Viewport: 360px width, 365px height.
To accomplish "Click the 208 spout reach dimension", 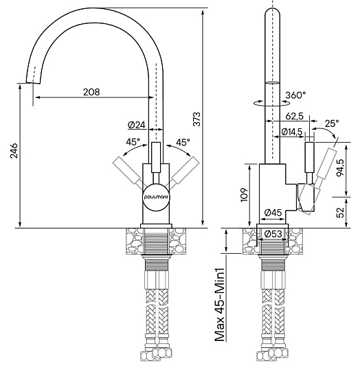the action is [91, 92].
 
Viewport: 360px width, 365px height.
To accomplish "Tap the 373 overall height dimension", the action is [197, 119].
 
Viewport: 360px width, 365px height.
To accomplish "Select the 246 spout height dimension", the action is [14, 151].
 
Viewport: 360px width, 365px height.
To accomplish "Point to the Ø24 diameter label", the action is [137, 126].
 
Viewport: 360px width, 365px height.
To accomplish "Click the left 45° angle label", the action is [133, 142].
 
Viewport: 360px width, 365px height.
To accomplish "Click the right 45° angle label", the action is [183, 142].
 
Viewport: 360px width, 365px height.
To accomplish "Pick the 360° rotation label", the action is [295, 95].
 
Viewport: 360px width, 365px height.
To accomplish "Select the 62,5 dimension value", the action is [294, 116].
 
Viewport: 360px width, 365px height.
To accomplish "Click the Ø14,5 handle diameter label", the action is [292, 132].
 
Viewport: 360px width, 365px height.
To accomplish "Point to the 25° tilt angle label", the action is [332, 123].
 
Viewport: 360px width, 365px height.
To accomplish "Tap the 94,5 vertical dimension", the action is [340, 168].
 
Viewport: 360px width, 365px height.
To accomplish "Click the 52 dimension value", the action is [341, 212].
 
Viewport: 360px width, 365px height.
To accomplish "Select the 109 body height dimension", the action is [244, 195].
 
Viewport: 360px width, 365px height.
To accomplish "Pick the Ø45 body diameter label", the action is [273, 212].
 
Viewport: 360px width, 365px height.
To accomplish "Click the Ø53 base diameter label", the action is [273, 234].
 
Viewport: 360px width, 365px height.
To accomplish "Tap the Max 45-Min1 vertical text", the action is [220, 305].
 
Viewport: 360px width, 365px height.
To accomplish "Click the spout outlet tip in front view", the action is [33, 82].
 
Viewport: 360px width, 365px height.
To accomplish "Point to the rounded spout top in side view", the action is [272, 11].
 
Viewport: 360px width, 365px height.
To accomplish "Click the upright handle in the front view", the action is [156, 157].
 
